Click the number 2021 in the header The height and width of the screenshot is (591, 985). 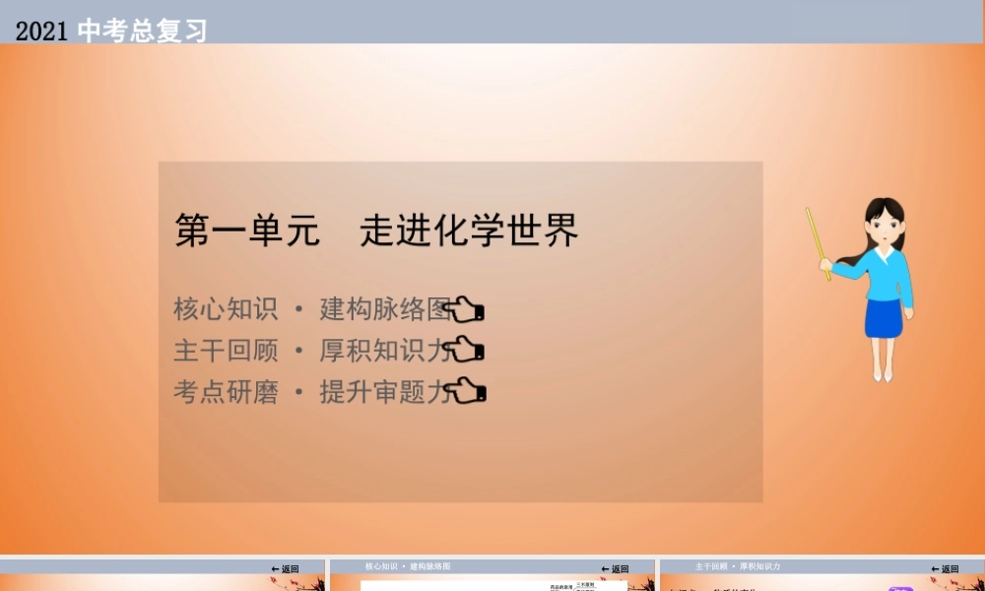click(41, 32)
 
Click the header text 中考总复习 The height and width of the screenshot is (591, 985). click(142, 32)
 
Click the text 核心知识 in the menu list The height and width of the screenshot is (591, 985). click(226, 309)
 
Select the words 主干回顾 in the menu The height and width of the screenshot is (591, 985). click(226, 351)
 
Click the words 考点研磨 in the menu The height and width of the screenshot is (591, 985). click(226, 392)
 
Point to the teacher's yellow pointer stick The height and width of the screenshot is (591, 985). click(818, 242)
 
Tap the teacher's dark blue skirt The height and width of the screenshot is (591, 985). click(884, 317)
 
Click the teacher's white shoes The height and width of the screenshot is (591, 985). click(882, 374)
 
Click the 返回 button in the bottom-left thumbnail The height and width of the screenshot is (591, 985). click(285, 568)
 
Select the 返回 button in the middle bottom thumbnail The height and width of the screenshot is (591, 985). click(615, 568)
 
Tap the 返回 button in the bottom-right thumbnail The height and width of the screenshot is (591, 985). click(945, 568)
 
